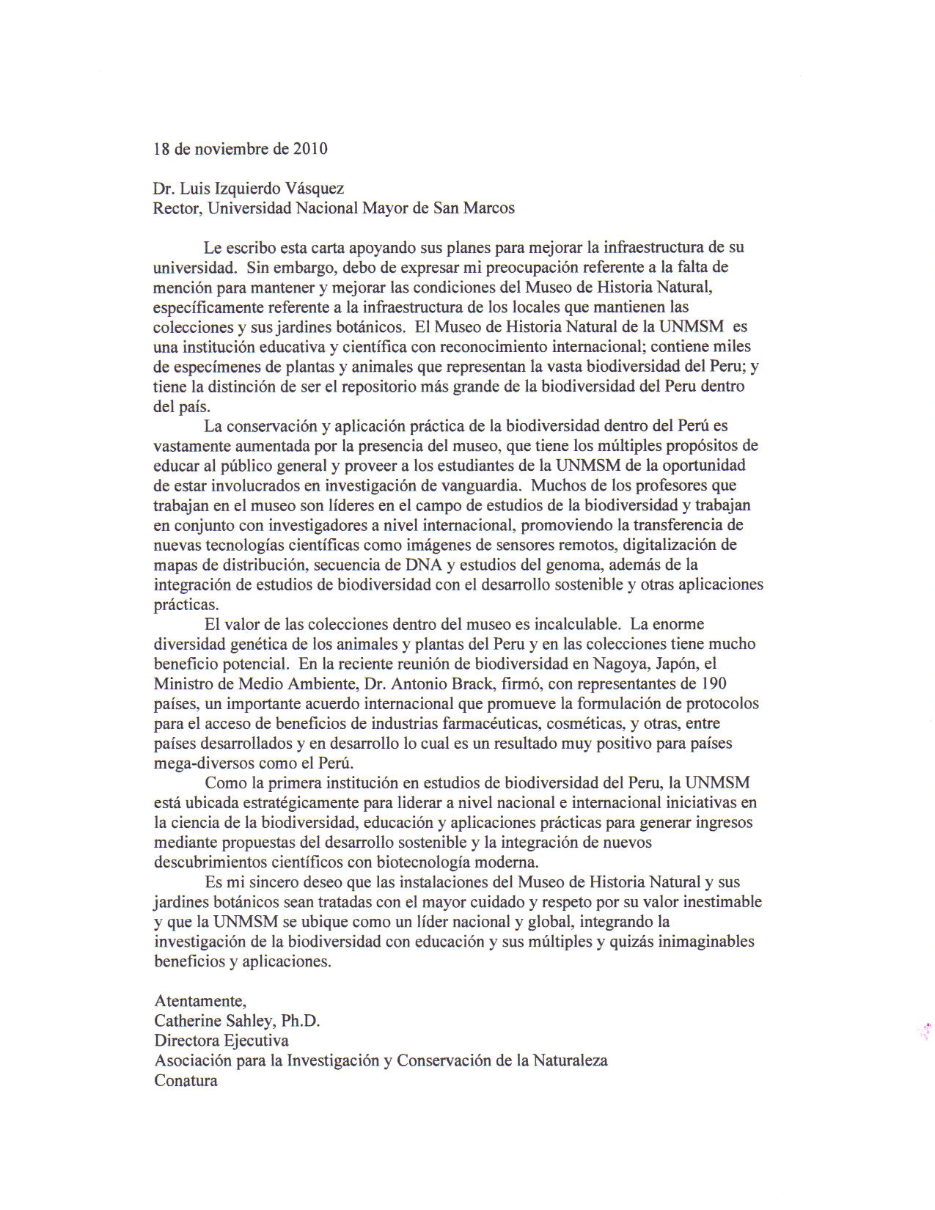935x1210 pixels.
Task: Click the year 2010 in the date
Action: pyautogui.click(x=310, y=149)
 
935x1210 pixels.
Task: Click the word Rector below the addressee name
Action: pyautogui.click(x=177, y=208)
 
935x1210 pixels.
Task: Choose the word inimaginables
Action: pyautogui.click(x=701, y=942)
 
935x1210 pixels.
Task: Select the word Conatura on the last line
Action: pyautogui.click(x=186, y=1080)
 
